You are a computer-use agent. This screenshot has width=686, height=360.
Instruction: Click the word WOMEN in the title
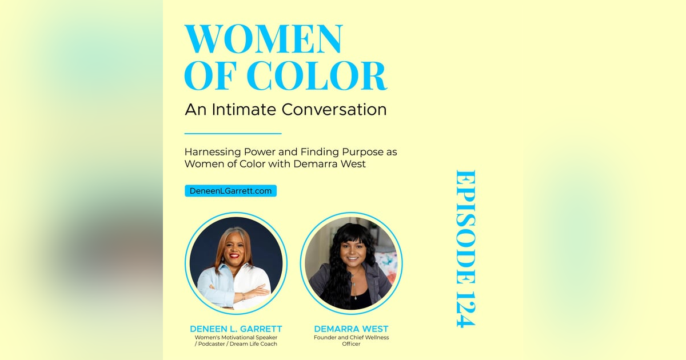coord(264,39)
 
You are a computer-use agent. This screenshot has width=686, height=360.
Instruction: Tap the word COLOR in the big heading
coord(316,75)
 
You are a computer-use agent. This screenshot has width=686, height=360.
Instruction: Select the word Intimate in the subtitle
coord(244,109)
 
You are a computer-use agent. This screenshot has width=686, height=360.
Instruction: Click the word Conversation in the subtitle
coord(334,109)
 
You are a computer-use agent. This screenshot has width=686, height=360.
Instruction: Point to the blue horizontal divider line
coord(233,134)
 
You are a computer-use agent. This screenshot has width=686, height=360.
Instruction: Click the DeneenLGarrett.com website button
coord(230,191)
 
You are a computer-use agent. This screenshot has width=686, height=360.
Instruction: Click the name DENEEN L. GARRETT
coord(236,329)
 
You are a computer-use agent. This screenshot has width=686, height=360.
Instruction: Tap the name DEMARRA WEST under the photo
coord(351,329)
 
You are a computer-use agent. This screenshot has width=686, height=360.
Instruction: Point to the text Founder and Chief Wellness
coord(351,337)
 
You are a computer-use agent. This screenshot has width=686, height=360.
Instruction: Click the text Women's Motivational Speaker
coord(236,337)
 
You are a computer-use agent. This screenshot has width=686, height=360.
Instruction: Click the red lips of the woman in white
coord(234,255)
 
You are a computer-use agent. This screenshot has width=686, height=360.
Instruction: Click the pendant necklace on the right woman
coord(355,298)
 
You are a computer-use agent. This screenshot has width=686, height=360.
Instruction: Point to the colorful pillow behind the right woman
coord(386,263)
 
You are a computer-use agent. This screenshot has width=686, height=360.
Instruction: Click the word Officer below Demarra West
coord(351,344)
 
